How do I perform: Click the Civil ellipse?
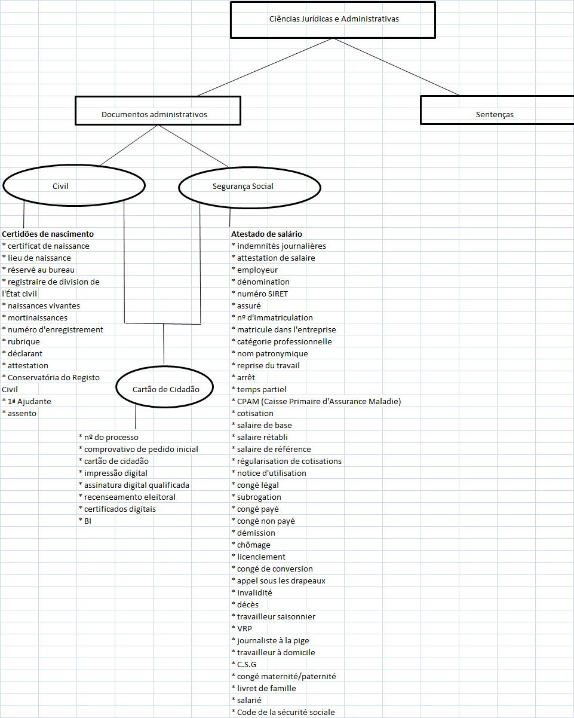[x=74, y=186]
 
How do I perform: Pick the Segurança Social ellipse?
[x=250, y=186]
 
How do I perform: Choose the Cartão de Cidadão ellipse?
[x=165, y=389]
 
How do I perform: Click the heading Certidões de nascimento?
[x=48, y=234]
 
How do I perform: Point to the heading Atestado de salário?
[x=266, y=234]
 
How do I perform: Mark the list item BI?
[x=87, y=521]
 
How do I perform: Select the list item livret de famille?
[x=266, y=688]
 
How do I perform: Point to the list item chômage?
[x=253, y=545]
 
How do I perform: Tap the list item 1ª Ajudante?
[x=29, y=401]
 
